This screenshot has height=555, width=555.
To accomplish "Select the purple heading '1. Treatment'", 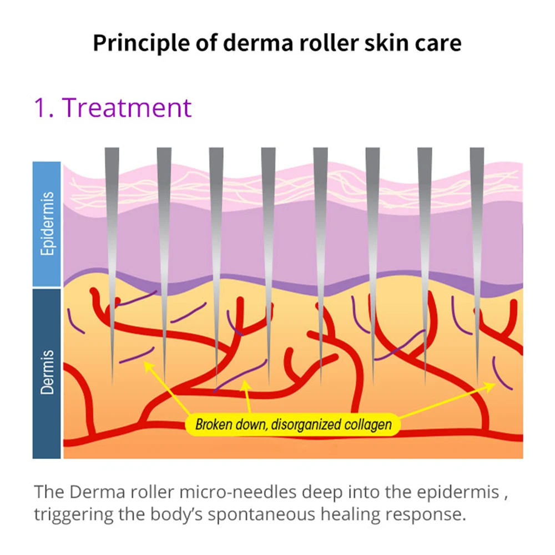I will coord(113,107).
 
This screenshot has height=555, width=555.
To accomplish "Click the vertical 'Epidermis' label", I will coord(47,224).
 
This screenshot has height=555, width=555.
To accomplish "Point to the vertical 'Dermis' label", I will coord(47,372).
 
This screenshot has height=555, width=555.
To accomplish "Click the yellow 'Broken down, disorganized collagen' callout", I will coord(293,425).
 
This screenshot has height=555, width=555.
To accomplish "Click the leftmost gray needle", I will coord(112,222).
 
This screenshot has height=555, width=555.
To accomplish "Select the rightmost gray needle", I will coord(477,222).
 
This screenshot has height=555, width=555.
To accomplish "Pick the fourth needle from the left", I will coord(268,222).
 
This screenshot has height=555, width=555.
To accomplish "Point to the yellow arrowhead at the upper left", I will coord(147,364).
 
